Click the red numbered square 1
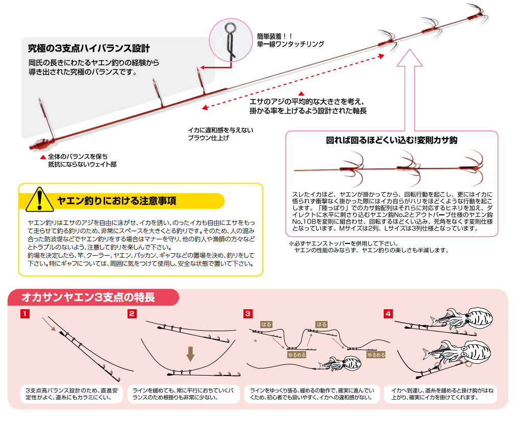tap(24, 313)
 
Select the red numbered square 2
tap(132, 313)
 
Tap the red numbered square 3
tap(248, 313)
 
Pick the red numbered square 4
tap(389, 313)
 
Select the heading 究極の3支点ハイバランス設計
tap(89, 49)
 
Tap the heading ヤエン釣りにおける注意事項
tap(117, 201)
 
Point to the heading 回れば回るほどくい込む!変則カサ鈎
tap(391, 140)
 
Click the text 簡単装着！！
tap(275, 36)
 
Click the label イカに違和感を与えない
tap(220, 130)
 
